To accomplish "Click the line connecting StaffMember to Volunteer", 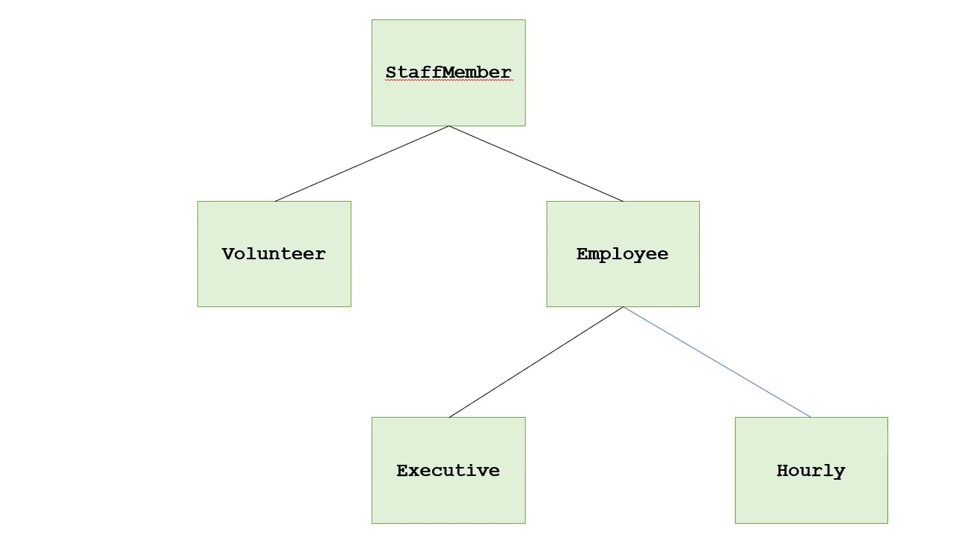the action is [x=362, y=164].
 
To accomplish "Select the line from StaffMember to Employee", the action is [x=535, y=164].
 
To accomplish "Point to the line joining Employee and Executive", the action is [x=536, y=362].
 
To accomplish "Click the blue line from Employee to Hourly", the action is [x=717, y=362].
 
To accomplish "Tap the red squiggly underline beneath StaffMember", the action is [x=449, y=81].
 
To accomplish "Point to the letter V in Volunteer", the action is [x=228, y=254].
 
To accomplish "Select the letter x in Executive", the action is [x=412, y=471].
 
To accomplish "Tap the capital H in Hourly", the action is [x=782, y=471].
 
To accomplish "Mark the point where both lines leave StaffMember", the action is [x=449, y=126].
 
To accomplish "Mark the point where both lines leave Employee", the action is [x=624, y=307].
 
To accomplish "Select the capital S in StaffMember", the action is [x=391, y=72].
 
